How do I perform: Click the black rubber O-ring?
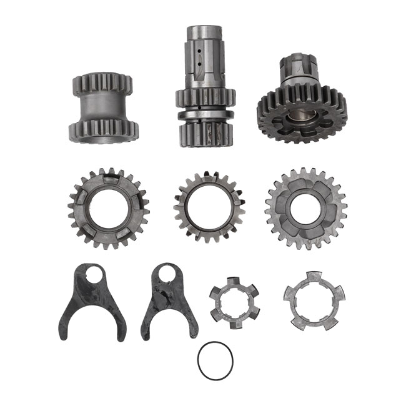click(x=199, y=360)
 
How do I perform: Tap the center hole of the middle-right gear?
click(x=305, y=208)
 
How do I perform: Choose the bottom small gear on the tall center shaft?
click(x=202, y=134)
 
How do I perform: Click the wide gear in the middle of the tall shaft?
click(x=205, y=98)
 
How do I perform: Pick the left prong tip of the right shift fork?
click(x=145, y=335)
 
